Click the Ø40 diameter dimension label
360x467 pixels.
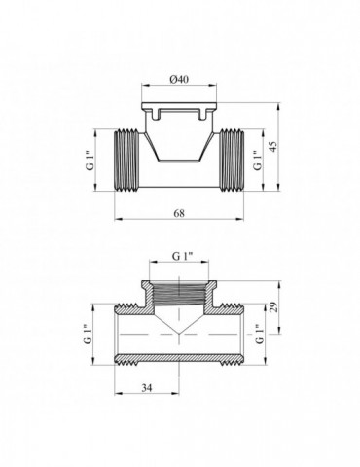point(179,79)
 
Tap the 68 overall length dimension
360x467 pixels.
point(179,213)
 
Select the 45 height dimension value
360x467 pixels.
point(274,147)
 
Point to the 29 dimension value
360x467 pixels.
point(273,306)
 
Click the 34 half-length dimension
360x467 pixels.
point(147,387)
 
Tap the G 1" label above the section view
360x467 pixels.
point(183,256)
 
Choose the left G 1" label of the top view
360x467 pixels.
point(90,161)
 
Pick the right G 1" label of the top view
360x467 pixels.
point(257,161)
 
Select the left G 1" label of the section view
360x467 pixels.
point(87,334)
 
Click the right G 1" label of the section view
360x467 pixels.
point(260,334)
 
